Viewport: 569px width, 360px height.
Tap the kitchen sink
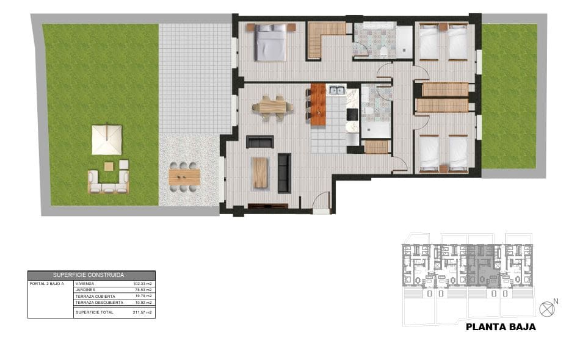coord(336,91)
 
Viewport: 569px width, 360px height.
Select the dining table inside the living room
coord(272,107)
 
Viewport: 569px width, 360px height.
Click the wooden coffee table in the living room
coord(259,172)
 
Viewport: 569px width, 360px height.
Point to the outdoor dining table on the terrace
coord(184,176)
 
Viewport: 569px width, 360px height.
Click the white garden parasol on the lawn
coord(107,139)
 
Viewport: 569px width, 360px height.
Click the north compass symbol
coord(548,308)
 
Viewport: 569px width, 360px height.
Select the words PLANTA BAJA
coord(501,327)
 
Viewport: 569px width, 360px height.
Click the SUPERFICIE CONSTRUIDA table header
coord(92,275)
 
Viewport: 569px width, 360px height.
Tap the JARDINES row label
coord(85,290)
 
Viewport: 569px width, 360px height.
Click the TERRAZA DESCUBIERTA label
coord(99,303)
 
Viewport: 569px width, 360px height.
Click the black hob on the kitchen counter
coord(352,114)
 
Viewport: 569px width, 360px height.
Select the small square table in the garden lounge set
coord(109,166)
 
